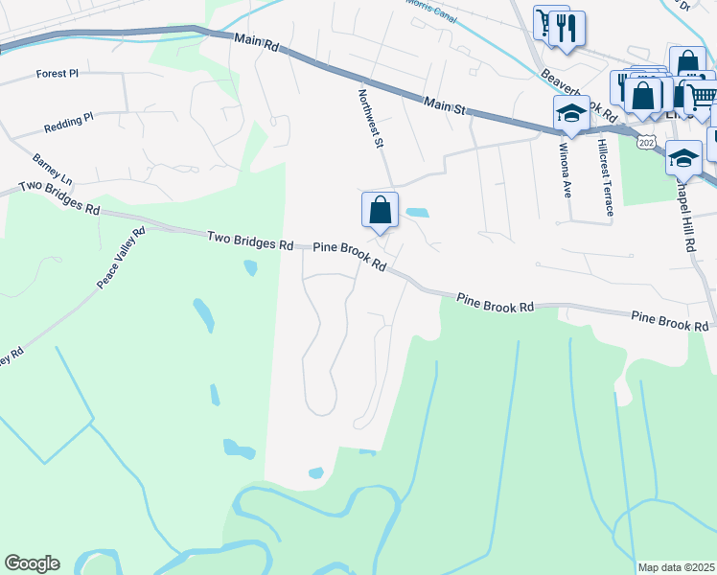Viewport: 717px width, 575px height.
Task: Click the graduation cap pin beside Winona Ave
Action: coord(571,114)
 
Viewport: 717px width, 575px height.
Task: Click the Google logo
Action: coord(32,563)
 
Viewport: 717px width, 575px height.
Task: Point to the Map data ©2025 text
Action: coord(676,567)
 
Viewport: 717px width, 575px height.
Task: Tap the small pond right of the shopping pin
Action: coord(417,213)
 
